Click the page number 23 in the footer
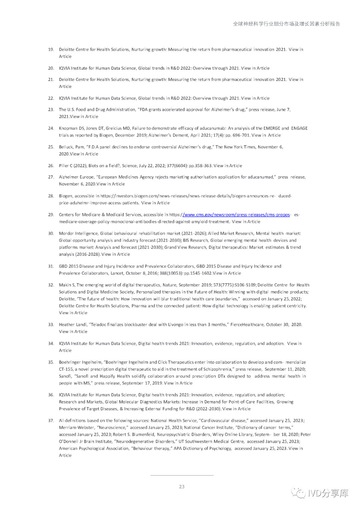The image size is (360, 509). coord(182,487)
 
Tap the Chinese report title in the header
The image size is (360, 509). coord(286,24)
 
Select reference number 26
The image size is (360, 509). coord(51,166)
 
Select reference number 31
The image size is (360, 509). coord(51,266)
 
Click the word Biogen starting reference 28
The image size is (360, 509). coord(66,196)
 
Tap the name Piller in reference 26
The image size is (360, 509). coord(64,166)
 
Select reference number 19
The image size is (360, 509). coord(51,50)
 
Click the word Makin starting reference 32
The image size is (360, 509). coord(65,285)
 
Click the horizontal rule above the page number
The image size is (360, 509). coord(182,475)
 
